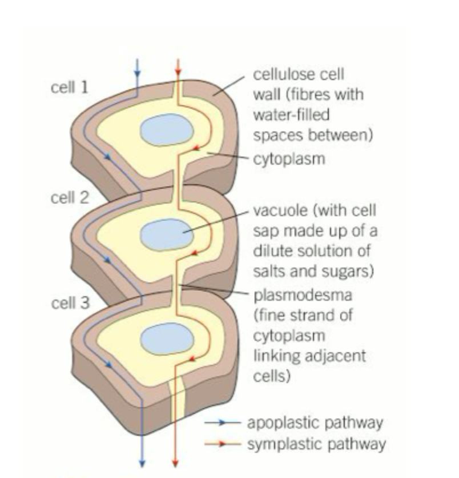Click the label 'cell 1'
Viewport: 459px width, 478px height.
[x=70, y=89]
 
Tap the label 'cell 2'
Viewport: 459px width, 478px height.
[x=70, y=198]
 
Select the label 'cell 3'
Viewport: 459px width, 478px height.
[x=70, y=302]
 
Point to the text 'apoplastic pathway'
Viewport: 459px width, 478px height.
[x=313, y=423]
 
